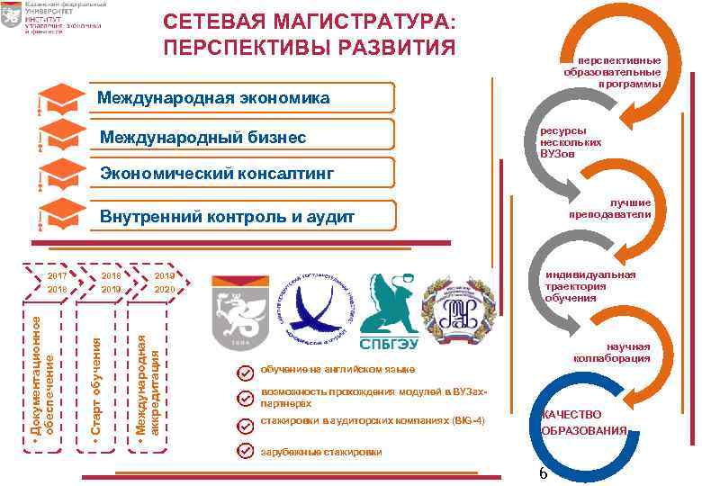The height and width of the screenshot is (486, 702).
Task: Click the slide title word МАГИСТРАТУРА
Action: coord(359,21)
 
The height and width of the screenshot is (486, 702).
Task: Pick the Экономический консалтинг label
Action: coord(217,172)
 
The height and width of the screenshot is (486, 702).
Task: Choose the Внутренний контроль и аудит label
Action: coord(227,216)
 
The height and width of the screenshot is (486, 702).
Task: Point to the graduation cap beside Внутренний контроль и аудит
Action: coord(62,214)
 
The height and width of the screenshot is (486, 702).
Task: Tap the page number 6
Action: coord(543,474)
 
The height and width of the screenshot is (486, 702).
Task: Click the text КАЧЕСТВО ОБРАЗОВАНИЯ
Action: coord(583,422)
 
